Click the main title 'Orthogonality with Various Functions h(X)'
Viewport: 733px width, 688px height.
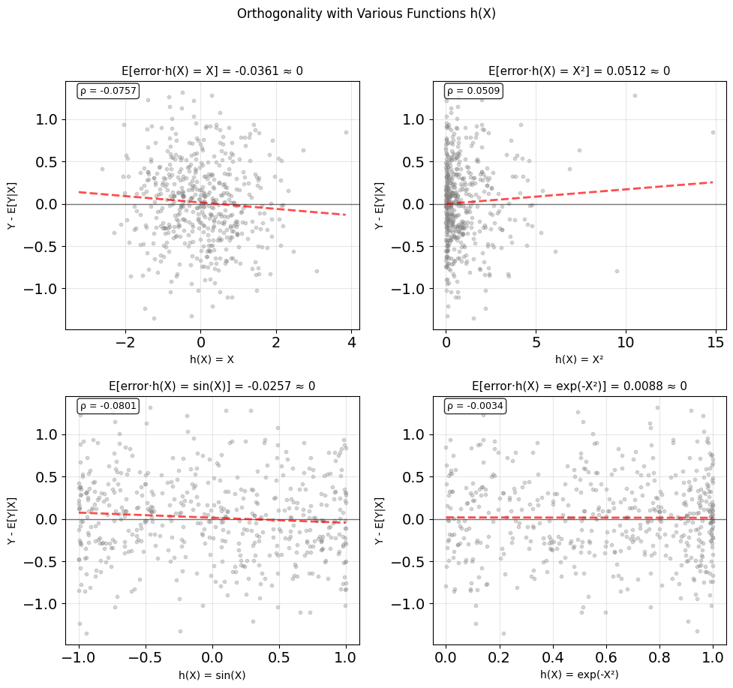[x=366, y=14]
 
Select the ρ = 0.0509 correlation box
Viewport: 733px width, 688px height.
[x=473, y=91]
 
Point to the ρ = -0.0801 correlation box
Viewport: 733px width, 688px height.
[x=108, y=406]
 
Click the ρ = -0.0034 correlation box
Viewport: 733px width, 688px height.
[x=475, y=406]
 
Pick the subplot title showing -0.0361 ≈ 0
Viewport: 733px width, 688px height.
[x=212, y=71]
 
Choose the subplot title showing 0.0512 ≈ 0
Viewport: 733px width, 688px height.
[x=579, y=71]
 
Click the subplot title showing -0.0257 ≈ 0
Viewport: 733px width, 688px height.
[x=212, y=386]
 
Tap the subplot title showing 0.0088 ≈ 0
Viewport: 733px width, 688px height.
[x=580, y=386]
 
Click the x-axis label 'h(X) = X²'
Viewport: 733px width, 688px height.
[x=579, y=359]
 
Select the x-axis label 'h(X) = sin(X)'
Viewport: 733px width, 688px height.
[x=212, y=675]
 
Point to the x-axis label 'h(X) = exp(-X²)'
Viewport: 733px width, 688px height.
[x=579, y=674]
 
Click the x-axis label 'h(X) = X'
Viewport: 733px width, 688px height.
[x=212, y=359]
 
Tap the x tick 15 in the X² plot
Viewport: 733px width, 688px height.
[x=715, y=343]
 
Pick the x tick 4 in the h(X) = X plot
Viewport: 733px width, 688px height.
[x=352, y=343]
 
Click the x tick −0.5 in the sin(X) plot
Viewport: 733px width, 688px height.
[x=146, y=658]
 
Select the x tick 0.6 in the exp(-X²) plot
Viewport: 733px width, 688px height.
[x=606, y=658]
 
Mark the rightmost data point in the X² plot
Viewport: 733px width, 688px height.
[x=713, y=132]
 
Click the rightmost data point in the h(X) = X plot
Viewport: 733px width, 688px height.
[x=346, y=132]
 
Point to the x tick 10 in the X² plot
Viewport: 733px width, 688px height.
[x=626, y=343]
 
